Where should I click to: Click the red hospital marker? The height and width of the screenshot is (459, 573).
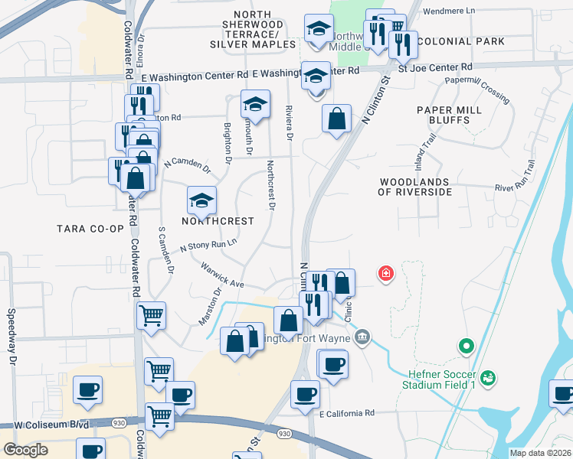click(386, 273)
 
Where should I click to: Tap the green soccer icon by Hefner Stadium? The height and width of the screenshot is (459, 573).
click(488, 378)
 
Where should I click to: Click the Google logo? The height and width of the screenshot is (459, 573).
click(26, 449)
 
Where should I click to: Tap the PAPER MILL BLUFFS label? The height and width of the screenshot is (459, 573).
click(449, 116)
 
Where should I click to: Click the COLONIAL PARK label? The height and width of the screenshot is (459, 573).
click(463, 41)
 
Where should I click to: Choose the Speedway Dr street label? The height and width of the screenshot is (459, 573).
click(12, 336)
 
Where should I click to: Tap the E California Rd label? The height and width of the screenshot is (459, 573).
click(347, 413)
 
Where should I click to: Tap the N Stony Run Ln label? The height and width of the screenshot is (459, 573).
click(208, 245)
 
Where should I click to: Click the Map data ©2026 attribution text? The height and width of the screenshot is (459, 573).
click(540, 453)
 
